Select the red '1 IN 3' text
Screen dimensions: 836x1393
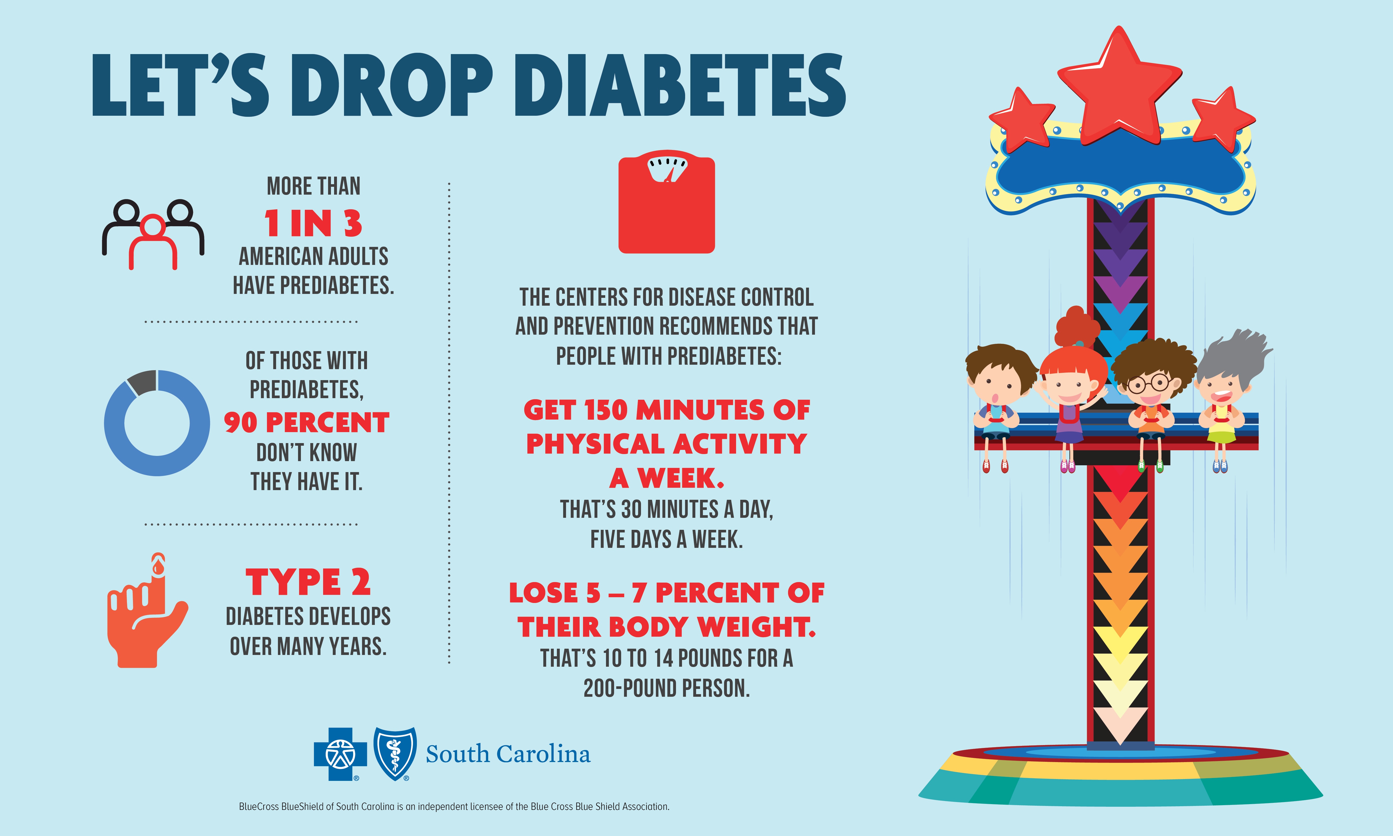pyautogui.click(x=313, y=223)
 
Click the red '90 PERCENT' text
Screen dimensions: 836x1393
pyautogui.click(x=306, y=422)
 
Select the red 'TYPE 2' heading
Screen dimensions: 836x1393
pyautogui.click(x=308, y=582)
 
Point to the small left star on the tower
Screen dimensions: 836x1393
pyautogui.click(x=1020, y=119)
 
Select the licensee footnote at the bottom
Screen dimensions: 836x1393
pyautogui.click(x=454, y=807)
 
